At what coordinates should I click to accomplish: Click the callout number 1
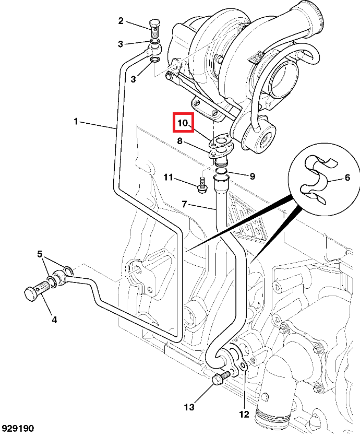coord(76,122)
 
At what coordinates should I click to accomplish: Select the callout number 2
coord(121,21)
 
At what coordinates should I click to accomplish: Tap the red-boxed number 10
coord(182,123)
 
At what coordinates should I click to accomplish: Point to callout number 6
coord(347,178)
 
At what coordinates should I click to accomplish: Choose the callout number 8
coord(179,140)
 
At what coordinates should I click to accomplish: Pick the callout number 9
coord(252,176)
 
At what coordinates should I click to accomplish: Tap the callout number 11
coord(167,178)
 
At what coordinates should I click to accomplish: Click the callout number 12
coord(244,415)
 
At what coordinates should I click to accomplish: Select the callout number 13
coord(189,406)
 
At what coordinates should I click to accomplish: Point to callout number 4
coord(54,320)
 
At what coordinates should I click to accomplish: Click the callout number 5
coord(39,254)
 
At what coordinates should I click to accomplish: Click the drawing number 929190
coord(18,428)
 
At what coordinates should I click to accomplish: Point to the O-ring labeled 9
coord(222,171)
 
